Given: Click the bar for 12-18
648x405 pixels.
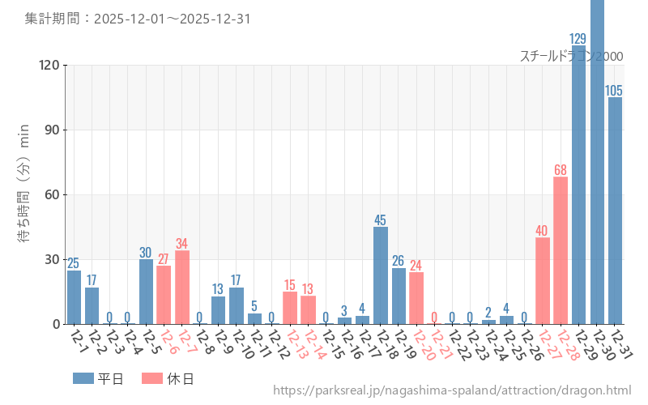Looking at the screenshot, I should tap(381, 275).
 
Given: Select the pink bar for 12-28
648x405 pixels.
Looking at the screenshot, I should tap(561, 250).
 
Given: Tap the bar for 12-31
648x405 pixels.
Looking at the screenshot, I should tap(615, 211).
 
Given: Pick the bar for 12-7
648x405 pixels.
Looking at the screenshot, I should tap(182, 288).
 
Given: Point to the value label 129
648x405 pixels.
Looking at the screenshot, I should tap(578, 39).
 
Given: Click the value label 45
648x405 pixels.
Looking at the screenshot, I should tap(381, 220).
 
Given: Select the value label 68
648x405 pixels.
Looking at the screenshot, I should tap(561, 170).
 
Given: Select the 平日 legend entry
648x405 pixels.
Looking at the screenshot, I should tap(98, 378).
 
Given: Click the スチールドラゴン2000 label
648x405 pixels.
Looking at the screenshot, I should tap(571, 56).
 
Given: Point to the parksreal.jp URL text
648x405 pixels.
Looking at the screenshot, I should tap(452, 390).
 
